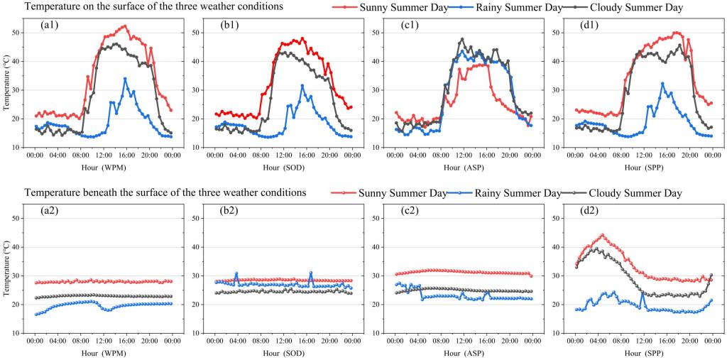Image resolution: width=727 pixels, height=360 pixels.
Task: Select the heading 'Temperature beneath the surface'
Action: pos(165,192)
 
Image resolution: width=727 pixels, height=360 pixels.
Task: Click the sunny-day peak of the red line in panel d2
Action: pos(602,235)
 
